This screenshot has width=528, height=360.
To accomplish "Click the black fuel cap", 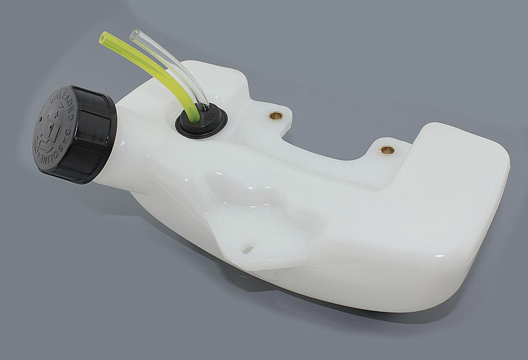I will pyautogui.click(x=72, y=134).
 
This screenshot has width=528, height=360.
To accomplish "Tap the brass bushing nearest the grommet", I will pyautogui.click(x=275, y=116).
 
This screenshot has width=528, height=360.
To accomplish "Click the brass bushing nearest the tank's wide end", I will pyautogui.click(x=387, y=150).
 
